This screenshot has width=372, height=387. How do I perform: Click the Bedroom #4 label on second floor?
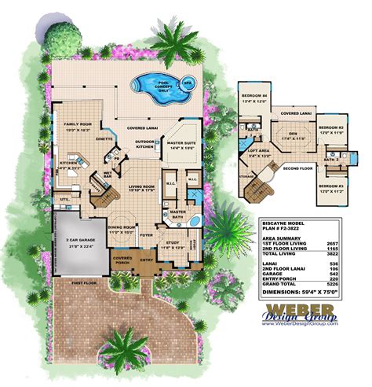click(x=255, y=96)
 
